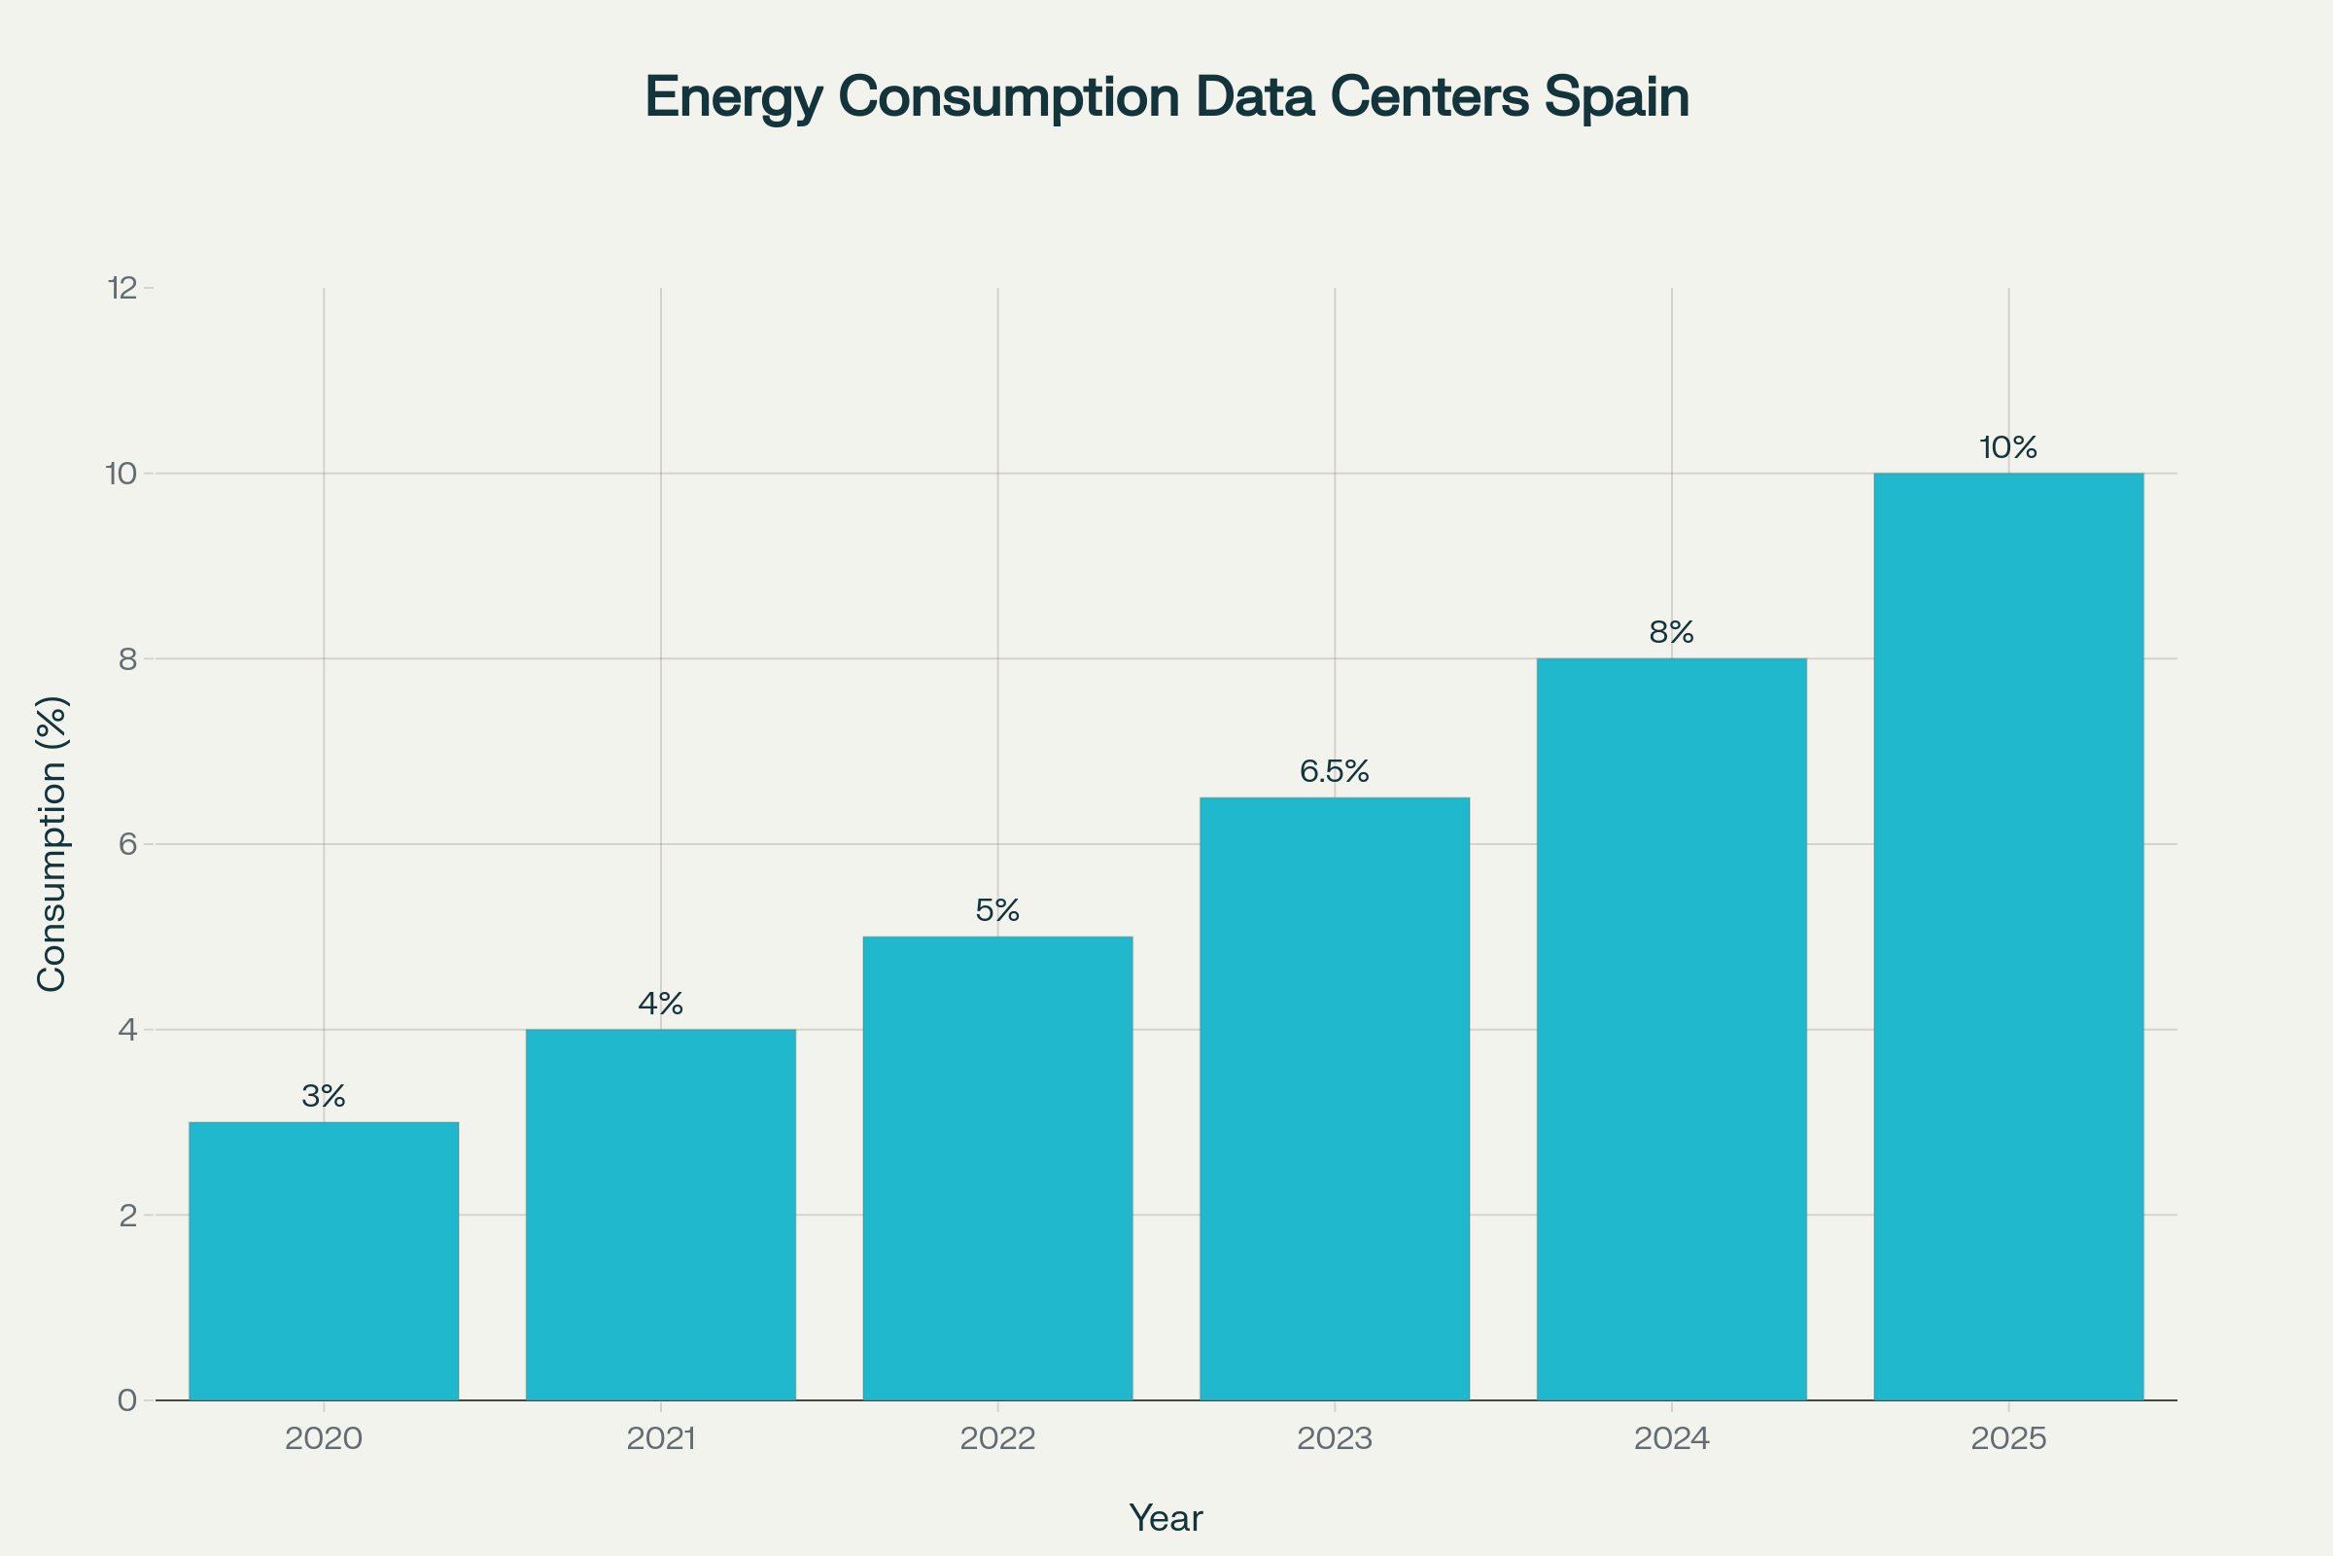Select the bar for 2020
point(324,1260)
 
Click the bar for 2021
point(661,1215)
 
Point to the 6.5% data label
point(1334,771)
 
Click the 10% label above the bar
point(2008,447)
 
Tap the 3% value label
point(324,1096)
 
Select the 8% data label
point(1671,632)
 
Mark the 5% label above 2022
point(997,910)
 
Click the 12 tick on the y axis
point(122,289)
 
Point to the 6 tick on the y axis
point(128,844)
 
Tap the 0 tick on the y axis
point(128,1400)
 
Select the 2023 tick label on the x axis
point(1334,1439)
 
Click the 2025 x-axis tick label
point(2008,1439)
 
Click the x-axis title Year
point(1166,1518)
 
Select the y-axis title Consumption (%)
point(52,843)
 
